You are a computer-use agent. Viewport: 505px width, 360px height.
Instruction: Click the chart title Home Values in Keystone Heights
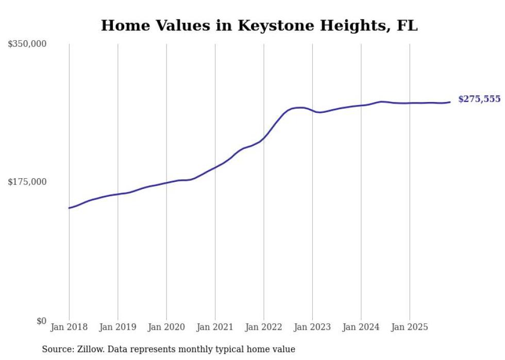click(259, 26)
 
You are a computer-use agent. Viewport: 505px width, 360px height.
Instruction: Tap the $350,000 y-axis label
click(27, 44)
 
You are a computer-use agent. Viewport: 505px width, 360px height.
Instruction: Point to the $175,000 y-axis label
click(27, 182)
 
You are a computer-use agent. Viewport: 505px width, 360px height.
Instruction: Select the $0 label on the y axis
click(41, 321)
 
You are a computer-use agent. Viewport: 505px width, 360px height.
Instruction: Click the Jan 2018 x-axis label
click(69, 327)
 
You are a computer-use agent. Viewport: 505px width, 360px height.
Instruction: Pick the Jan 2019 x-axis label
click(117, 327)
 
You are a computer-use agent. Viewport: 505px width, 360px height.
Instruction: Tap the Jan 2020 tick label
click(166, 327)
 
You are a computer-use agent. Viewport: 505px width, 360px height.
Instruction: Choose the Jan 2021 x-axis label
click(215, 327)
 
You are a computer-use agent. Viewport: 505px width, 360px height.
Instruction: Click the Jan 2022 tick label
click(264, 327)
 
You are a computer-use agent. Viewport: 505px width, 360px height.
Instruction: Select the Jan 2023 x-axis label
click(312, 327)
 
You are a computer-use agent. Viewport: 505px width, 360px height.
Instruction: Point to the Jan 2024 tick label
click(361, 327)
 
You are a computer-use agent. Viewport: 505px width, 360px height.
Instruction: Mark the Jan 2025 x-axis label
click(410, 327)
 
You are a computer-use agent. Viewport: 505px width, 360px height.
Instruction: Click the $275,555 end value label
click(479, 99)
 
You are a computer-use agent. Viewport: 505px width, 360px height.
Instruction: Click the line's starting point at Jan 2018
click(69, 208)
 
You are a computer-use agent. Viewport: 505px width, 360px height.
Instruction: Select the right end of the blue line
click(450, 102)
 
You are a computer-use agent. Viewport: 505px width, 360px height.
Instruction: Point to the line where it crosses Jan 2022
click(264, 138)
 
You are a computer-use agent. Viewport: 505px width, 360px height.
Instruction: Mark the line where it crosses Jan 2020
click(166, 182)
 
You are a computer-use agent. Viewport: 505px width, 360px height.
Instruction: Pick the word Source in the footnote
click(57, 349)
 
